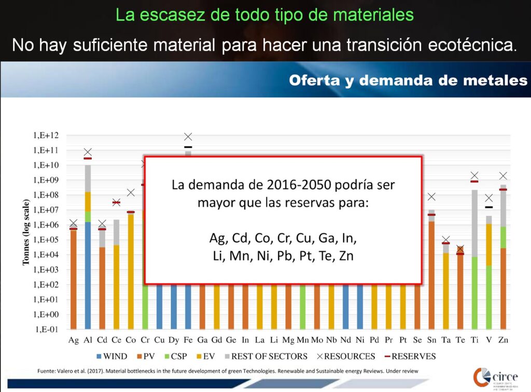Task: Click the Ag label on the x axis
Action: pyautogui.click(x=74, y=340)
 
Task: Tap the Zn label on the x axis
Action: pyautogui.click(x=503, y=340)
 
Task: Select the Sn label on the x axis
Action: pyautogui.click(x=431, y=340)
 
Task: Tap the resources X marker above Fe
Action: pyautogui.click(x=188, y=137)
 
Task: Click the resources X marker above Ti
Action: pyautogui.click(x=474, y=176)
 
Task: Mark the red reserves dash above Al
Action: pyautogui.click(x=88, y=158)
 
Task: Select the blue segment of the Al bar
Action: pyautogui.click(x=88, y=275)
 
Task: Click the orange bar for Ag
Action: pyautogui.click(x=74, y=280)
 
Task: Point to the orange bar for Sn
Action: pyautogui.click(x=431, y=275)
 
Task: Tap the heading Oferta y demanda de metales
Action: pyautogui.click(x=408, y=80)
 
